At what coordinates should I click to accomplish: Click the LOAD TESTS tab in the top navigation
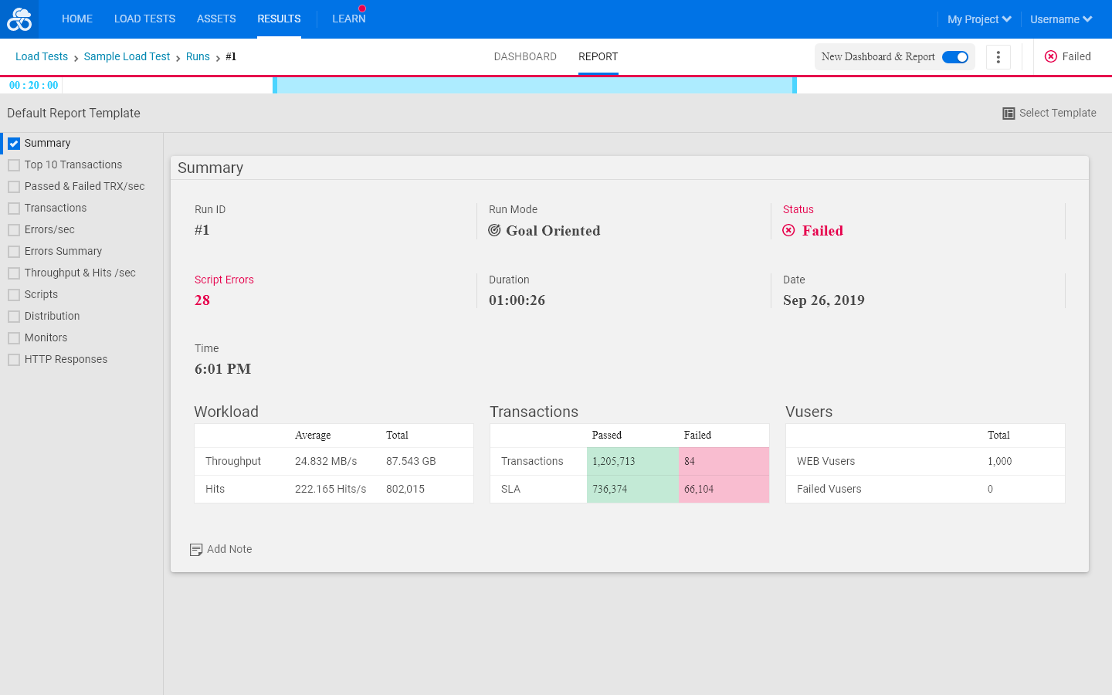144,19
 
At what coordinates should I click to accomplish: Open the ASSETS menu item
216,19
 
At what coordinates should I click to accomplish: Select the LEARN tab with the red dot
348,19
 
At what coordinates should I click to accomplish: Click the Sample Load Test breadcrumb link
127,56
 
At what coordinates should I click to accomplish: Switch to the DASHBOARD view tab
525,56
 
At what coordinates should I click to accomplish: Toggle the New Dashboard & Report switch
954,57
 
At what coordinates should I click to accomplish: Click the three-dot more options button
998,57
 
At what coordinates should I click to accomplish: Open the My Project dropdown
979,19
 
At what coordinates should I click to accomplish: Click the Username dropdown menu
1061,19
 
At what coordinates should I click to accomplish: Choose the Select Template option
1049,114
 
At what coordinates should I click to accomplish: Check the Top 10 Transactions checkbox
14,165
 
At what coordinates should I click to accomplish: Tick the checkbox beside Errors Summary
14,252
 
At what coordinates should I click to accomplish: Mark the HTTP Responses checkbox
14,360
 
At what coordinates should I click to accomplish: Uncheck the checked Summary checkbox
14,144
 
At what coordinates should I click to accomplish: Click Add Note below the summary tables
221,549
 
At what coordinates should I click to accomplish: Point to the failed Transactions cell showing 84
724,461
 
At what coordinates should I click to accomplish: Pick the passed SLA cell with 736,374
632,489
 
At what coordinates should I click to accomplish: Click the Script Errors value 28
202,300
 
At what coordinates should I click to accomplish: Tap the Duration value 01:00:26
517,300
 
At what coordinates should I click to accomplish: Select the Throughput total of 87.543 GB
411,461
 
